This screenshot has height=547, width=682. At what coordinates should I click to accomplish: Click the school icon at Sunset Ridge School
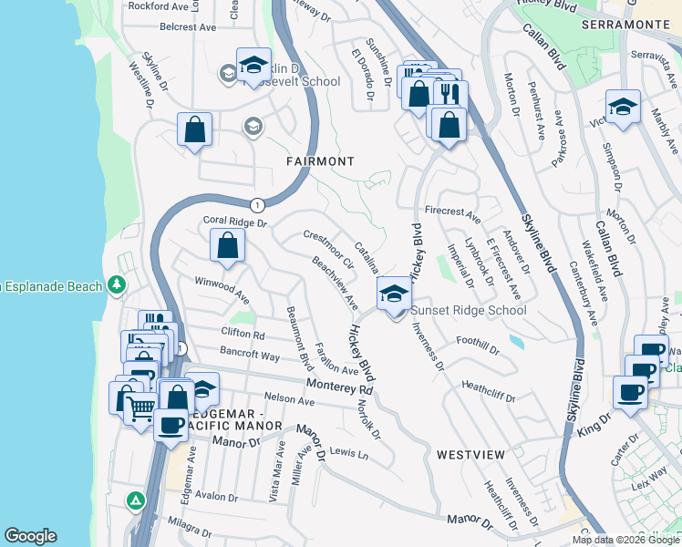[394, 294]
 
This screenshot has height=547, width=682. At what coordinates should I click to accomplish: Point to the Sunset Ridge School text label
[469, 311]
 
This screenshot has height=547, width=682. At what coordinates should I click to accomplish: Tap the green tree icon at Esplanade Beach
[116, 286]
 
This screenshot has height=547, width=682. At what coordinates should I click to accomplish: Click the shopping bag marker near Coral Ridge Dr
[227, 245]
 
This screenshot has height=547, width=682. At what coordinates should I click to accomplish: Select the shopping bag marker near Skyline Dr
[195, 129]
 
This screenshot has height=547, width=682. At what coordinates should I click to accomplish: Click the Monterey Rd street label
[339, 387]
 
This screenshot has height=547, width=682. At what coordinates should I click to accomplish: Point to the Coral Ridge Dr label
[234, 222]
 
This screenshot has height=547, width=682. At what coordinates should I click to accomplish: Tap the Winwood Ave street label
[222, 289]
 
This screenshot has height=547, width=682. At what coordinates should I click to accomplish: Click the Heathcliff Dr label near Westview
[489, 391]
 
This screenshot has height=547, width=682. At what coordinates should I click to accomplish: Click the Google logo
[30, 536]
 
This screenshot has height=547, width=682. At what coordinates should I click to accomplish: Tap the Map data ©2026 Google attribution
[625, 540]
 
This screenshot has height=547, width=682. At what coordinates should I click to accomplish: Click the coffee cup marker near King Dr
[630, 393]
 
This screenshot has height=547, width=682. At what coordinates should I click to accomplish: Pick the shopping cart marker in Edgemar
[139, 410]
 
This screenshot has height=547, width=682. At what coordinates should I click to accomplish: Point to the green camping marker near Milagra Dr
[135, 501]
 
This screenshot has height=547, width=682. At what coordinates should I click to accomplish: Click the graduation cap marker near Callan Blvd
[623, 107]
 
